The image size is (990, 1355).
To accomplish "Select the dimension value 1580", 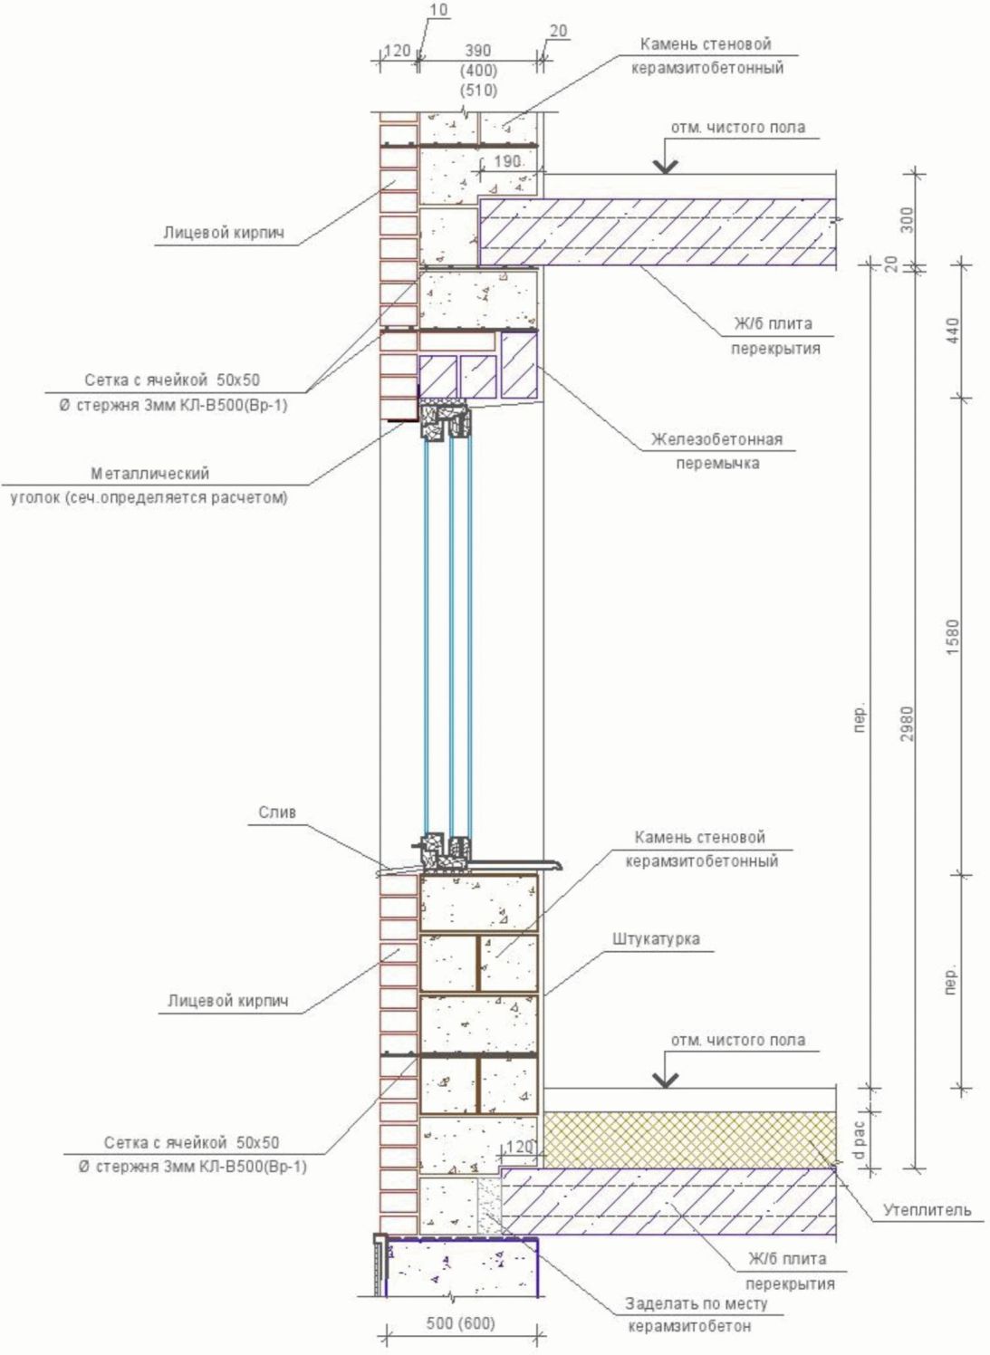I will coord(953,638).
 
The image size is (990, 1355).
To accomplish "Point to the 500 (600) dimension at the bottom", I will coord(461,1323).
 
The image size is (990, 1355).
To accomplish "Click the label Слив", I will coord(277,812).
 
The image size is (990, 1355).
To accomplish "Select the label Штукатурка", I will coord(655,938).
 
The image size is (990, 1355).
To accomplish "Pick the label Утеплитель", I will coord(927,1209).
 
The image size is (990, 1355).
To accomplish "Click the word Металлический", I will coord(149,473).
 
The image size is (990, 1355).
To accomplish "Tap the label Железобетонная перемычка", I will coord(716,451).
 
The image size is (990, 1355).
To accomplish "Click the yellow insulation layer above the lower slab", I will coord(688,1139).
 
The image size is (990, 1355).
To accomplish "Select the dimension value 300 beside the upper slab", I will coord(908,219).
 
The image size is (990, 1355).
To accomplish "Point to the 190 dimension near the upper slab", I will coord(507,161).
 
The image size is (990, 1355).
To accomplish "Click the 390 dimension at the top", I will coord(477,52).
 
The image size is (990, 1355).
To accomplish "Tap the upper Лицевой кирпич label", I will coord(224,233).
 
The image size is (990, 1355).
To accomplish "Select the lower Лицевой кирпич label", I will coord(227,1001).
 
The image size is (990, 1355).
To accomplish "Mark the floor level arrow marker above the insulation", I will coord(667,1079).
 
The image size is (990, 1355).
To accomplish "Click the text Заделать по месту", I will coord(696,1303).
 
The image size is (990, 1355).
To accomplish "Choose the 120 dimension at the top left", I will coord(397,52).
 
